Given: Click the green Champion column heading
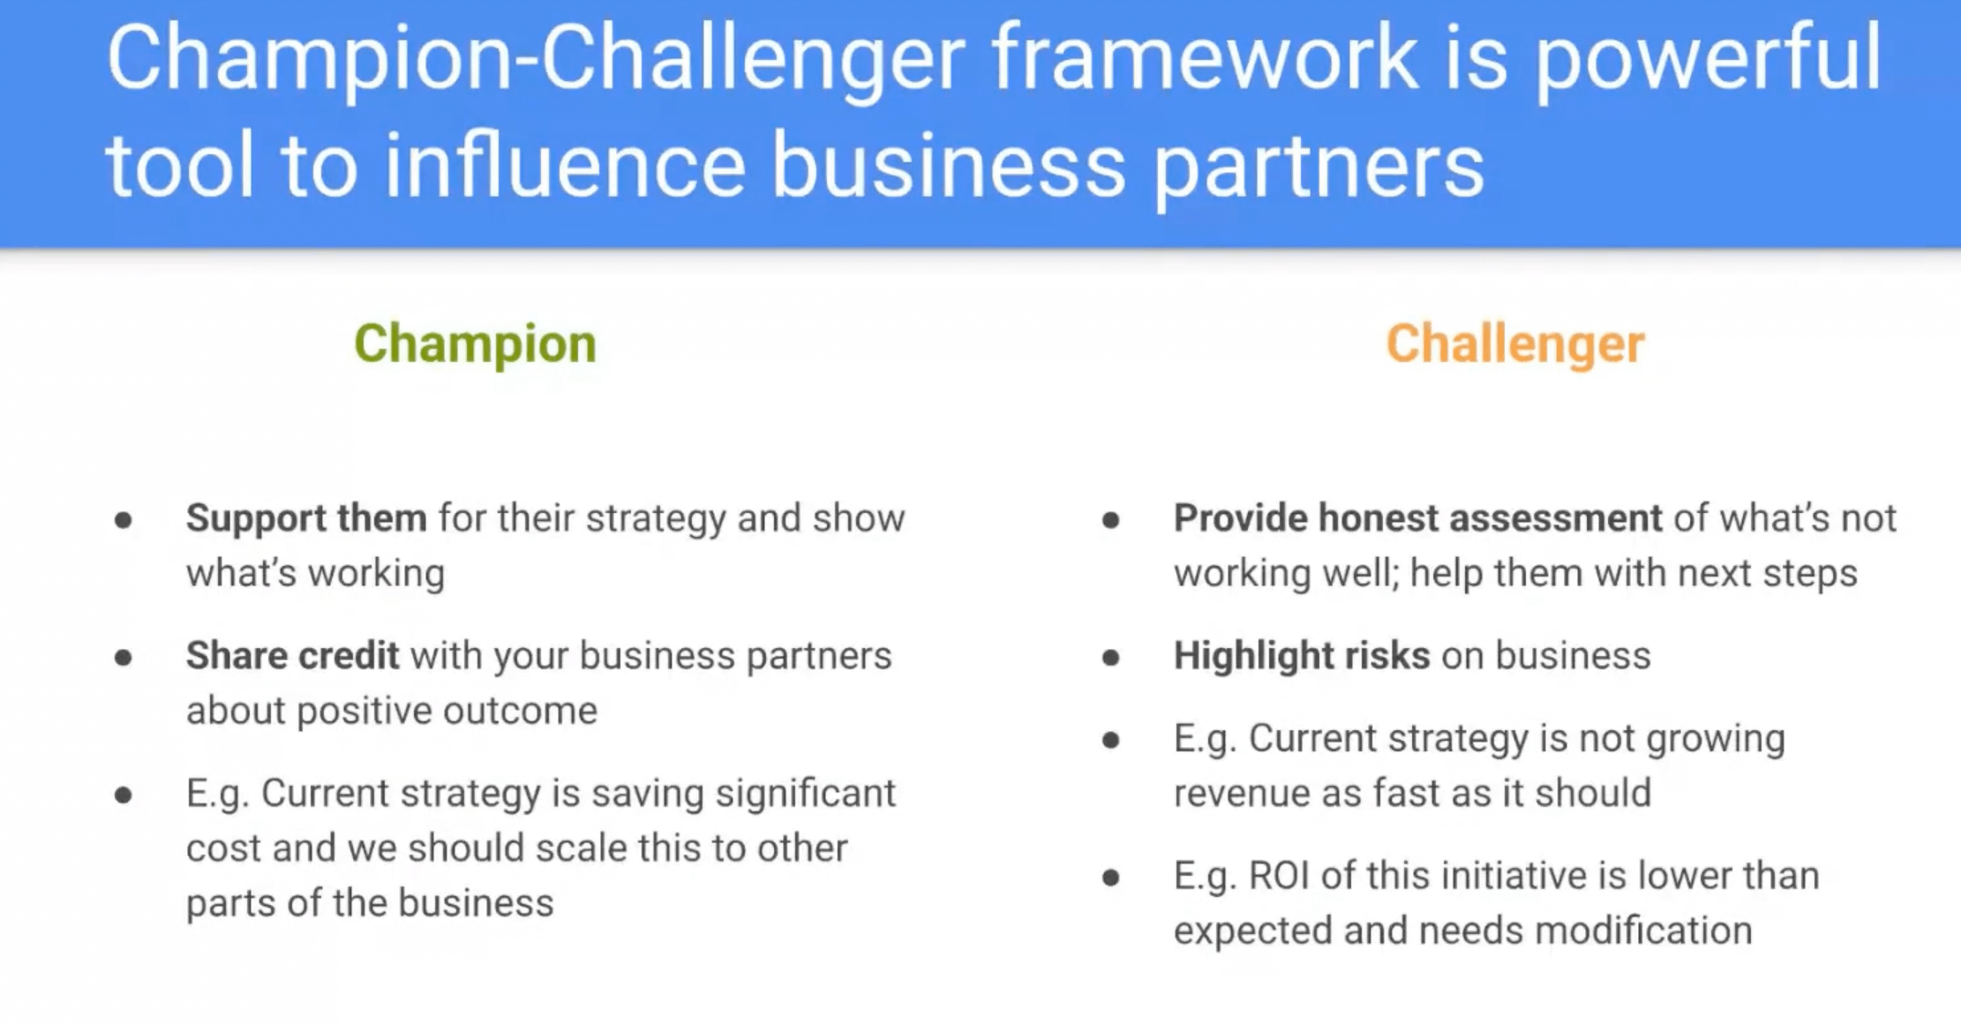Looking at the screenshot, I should point(475,343).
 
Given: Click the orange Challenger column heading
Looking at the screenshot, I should point(1514,343).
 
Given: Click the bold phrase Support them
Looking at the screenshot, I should point(306,518).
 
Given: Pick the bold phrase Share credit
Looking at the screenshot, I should point(292,656).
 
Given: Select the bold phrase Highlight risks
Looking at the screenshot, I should point(1301,656).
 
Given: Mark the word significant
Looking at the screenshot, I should point(805,793).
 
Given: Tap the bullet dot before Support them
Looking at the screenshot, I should point(124,520).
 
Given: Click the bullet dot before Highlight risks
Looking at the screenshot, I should point(1111,658).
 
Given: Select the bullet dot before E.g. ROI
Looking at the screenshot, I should point(1111,878).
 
